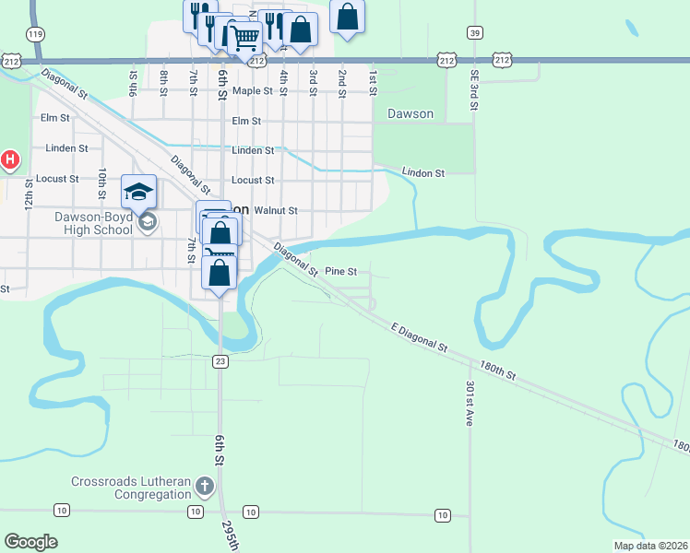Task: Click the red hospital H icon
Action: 9,160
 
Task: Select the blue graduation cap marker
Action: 138,192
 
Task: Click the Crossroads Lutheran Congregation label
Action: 132,488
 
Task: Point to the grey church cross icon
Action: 204,485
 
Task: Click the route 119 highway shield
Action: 36,34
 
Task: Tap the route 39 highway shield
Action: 474,32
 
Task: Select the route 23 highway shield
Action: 220,361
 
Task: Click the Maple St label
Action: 253,91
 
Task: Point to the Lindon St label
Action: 423,172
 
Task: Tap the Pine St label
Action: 340,271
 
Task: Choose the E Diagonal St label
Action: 419,337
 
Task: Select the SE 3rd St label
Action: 473,89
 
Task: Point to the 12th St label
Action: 30,193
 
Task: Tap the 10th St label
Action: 102,182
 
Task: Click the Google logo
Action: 30,542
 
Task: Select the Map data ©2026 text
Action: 650,546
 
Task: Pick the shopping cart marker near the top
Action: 244,40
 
